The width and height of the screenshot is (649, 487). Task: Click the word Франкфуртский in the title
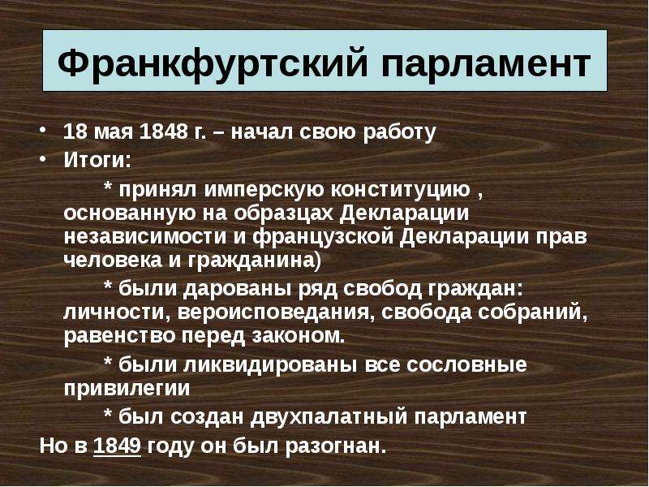point(212,62)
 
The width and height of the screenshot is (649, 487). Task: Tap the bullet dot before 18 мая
point(42,130)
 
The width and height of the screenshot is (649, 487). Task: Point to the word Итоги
point(97,160)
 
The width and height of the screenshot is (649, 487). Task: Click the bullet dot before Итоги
point(42,157)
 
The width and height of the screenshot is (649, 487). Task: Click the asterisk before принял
point(108,187)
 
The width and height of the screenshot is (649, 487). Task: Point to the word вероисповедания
point(273,312)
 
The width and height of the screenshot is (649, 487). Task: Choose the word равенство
point(120,336)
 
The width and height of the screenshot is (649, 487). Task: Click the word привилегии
point(127,389)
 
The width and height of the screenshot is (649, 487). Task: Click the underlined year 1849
point(118,446)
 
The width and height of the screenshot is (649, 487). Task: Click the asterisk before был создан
point(108,413)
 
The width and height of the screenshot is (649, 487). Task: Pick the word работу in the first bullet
point(399,132)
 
